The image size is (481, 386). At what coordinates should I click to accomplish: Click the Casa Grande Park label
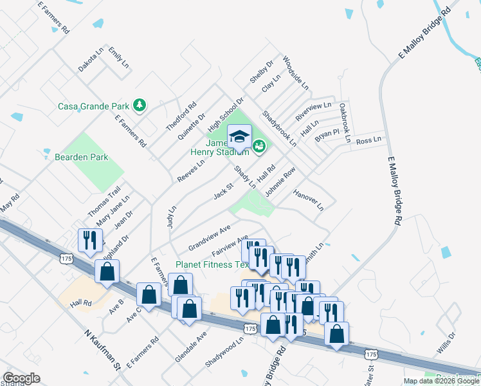pyautogui.click(x=94, y=106)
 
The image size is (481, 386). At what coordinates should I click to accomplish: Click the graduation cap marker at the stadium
pyautogui.click(x=239, y=138)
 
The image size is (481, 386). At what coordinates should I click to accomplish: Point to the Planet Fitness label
pyautogui.click(x=212, y=264)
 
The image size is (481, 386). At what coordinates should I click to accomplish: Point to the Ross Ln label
pyautogui.click(x=369, y=140)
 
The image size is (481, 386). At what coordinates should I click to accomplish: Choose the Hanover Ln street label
pyautogui.click(x=308, y=200)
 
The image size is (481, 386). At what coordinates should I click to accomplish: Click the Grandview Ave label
pyautogui.click(x=209, y=238)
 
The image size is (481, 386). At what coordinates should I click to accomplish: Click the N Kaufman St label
pyautogui.click(x=103, y=350)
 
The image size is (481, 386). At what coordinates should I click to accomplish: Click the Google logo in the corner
pyautogui.click(x=21, y=378)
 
